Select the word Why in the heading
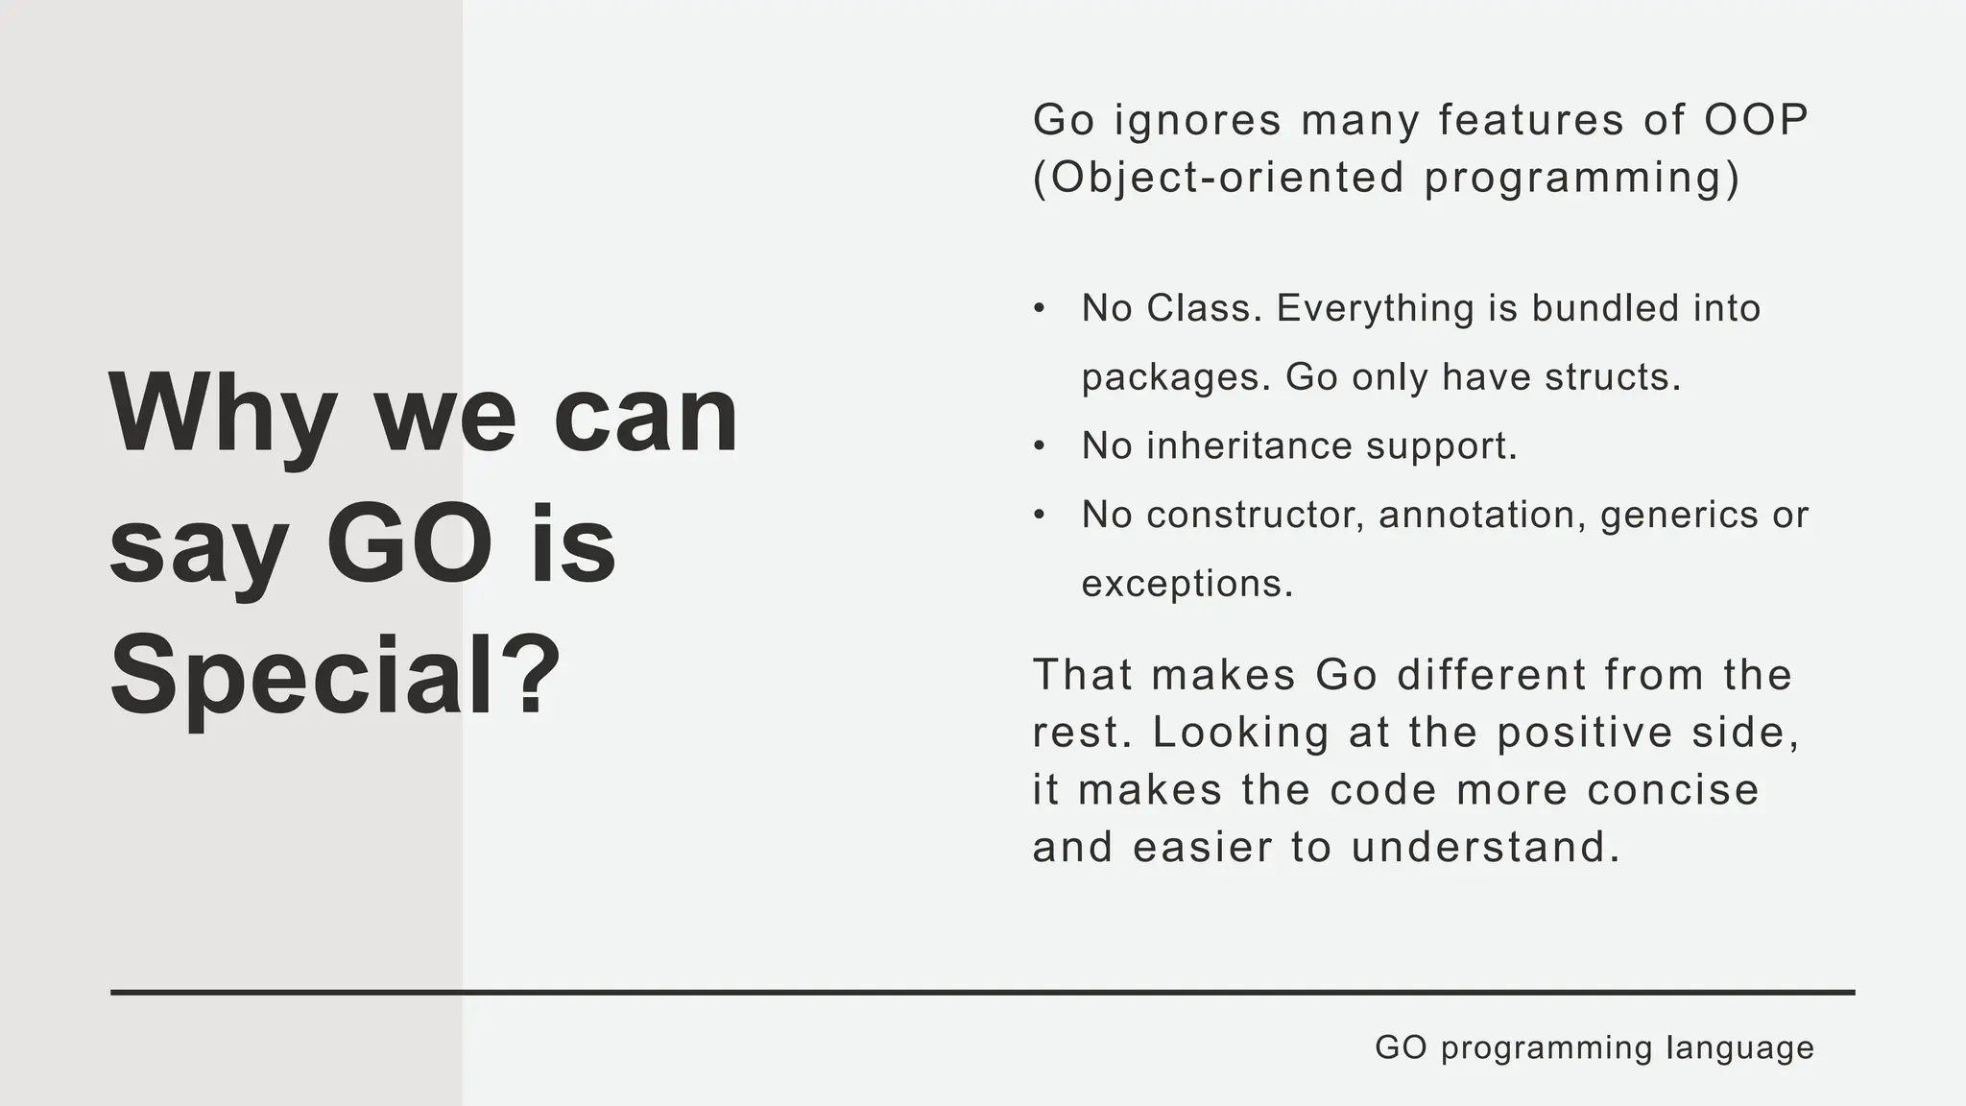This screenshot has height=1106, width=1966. click(223, 415)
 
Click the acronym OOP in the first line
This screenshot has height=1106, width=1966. click(1756, 120)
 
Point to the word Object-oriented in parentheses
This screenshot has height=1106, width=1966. click(1219, 178)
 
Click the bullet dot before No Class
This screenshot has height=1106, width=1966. click(1039, 309)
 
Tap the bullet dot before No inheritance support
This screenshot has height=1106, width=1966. click(1039, 446)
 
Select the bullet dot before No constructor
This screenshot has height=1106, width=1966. click(1039, 516)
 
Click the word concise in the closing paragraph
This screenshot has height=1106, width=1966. click(1673, 790)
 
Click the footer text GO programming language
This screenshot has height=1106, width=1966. click(1594, 1046)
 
